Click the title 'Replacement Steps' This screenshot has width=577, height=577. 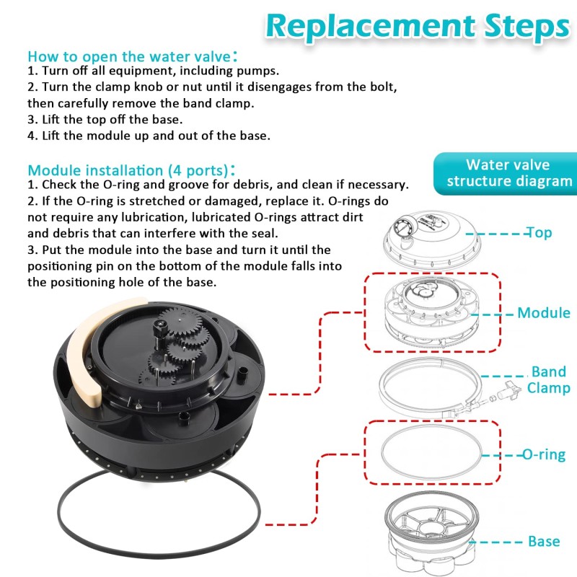pos(418,27)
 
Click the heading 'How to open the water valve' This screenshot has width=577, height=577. pos(133,56)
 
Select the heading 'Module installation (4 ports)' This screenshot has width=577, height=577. pos(131,170)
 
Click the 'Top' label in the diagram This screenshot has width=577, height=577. pos(539,232)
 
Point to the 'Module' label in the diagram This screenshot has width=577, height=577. pos(544,313)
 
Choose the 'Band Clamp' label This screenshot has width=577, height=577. pos(548,380)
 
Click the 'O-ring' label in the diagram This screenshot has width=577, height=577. pos(544,455)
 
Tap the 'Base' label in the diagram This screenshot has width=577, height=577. pos(544,542)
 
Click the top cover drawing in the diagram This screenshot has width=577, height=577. pos(432,241)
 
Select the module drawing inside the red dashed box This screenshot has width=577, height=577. pos(432,312)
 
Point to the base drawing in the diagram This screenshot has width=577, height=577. pos(432,534)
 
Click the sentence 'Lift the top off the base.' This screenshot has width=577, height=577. pos(113,120)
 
